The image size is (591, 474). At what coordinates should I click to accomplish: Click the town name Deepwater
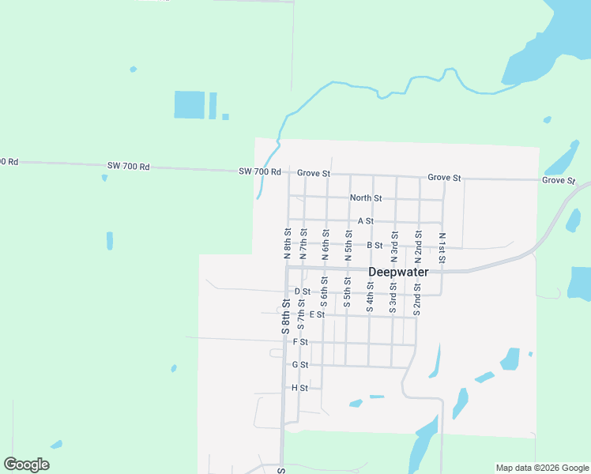[x=398, y=272]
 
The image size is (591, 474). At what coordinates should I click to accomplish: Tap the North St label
[x=366, y=197]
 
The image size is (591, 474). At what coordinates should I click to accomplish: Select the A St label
[x=365, y=221]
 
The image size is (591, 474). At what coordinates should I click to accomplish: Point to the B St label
[x=375, y=246]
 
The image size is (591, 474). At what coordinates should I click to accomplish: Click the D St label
[x=302, y=292]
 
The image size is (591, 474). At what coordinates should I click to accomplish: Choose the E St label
[x=317, y=314]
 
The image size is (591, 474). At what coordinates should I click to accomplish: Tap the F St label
[x=299, y=342]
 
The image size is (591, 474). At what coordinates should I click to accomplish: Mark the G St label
[x=299, y=365]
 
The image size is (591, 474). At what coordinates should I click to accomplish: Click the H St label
[x=299, y=388]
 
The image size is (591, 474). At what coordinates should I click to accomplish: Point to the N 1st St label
[x=442, y=246]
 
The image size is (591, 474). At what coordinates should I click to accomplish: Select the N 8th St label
[x=288, y=244]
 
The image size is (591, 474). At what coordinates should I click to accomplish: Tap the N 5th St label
[x=348, y=246]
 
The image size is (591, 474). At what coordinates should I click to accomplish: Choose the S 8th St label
[x=285, y=317]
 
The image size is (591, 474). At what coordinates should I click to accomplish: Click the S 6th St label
[x=324, y=292]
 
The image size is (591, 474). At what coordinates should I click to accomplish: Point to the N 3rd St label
[x=394, y=246]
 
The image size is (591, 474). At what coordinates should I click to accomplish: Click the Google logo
[x=26, y=465]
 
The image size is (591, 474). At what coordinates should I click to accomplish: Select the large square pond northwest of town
[x=190, y=104]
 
